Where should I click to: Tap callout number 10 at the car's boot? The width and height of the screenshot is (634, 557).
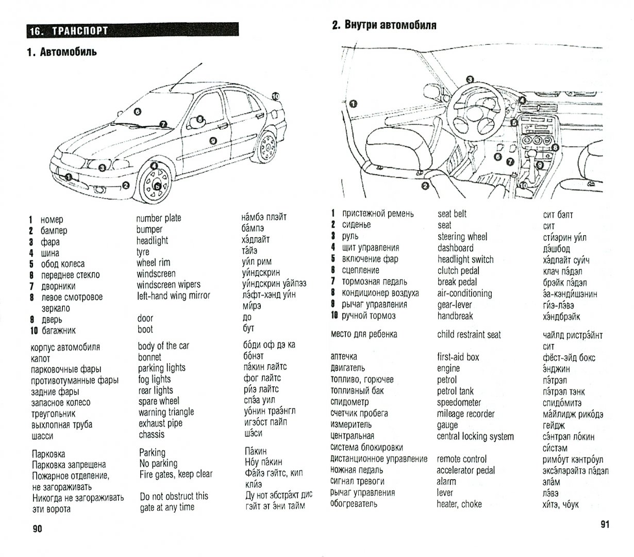275,96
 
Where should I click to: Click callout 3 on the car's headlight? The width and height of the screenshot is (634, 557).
103,167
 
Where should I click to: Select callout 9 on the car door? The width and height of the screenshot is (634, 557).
212,140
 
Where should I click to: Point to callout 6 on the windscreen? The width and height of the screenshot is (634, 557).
137,111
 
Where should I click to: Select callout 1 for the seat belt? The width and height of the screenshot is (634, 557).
353,103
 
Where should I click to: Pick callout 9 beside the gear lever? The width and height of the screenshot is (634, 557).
540,165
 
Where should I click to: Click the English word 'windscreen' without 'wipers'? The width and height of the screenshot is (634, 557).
156,273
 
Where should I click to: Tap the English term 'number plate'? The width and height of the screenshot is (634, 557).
159,218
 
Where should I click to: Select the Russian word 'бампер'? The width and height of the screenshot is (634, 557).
54,231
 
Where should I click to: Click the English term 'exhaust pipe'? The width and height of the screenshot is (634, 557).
160,423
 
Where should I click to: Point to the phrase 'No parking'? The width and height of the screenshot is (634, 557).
158,463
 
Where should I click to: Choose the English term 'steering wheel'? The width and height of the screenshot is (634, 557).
462,237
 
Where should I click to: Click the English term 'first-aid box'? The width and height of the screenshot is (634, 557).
458,357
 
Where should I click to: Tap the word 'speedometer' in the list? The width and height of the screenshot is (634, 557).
459,402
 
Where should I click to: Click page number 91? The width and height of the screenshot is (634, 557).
605,525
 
